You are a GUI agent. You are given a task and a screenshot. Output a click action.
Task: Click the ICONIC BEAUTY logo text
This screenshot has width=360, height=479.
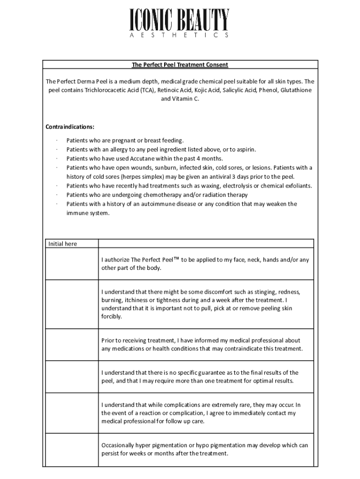pyautogui.click(x=180, y=21)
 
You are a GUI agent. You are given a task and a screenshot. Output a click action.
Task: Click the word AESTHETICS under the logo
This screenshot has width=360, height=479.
pyautogui.click(x=180, y=35)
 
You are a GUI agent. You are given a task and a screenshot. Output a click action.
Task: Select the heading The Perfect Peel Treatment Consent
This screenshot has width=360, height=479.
pyautogui.click(x=180, y=65)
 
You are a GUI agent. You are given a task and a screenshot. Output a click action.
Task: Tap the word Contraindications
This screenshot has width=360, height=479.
pyautogui.click(x=70, y=127)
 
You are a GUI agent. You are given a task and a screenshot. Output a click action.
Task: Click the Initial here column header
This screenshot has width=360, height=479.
pyautogui.click(x=63, y=244)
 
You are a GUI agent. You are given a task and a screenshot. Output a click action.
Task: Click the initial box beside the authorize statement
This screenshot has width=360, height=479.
pyautogui.click(x=72, y=264)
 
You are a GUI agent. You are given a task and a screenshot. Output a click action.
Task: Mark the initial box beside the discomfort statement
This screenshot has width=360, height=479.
pyautogui.click(x=72, y=304)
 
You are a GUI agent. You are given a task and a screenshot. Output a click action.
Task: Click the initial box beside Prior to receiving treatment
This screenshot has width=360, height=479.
pyautogui.click(x=72, y=345)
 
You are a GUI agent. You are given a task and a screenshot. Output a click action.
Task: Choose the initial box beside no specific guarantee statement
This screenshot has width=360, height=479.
pyautogui.click(x=72, y=377)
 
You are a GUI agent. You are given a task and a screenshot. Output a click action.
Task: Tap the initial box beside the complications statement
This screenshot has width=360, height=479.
pyautogui.click(x=72, y=413)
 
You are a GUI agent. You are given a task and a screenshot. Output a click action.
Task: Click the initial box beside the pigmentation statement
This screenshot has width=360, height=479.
pyautogui.click(x=72, y=450)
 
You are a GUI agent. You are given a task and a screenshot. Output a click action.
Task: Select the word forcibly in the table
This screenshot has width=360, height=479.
pyautogui.click(x=111, y=317)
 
